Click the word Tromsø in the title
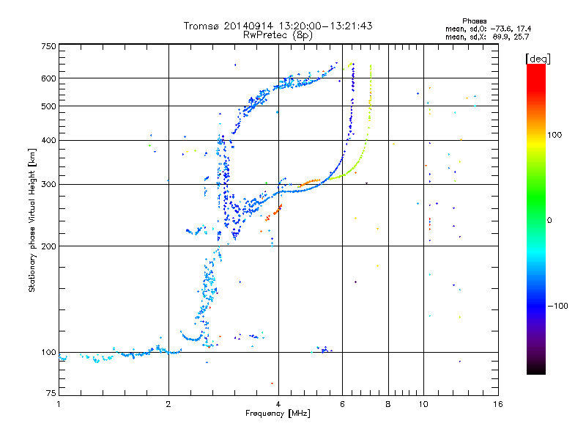coord(201,26)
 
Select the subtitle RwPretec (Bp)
coord(278,34)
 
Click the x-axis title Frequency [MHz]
coord(278,414)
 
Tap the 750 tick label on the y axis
coord(48,45)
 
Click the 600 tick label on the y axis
coord(48,78)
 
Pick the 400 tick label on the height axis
coord(48,140)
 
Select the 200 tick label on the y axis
coord(48,246)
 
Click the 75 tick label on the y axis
coord(51,395)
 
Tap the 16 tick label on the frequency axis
coord(498,404)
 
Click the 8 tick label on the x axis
coord(388,404)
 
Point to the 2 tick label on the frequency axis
coord(168,404)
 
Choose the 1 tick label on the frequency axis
coord(59,404)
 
